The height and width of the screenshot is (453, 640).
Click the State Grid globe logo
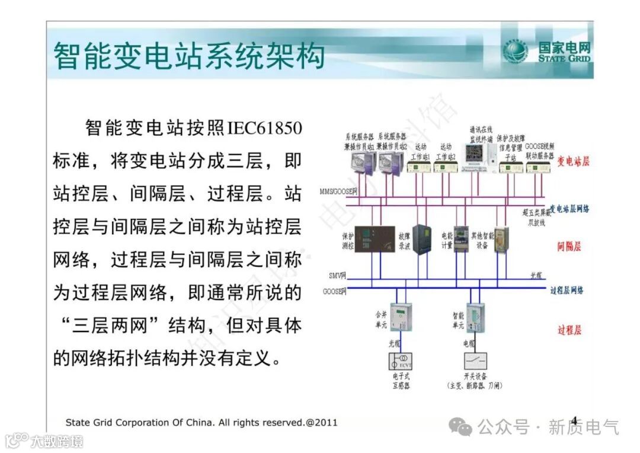click(515, 52)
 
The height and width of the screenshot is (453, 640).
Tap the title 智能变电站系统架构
click(189, 57)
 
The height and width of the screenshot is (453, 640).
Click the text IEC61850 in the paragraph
click(264, 128)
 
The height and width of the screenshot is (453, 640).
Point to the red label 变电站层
click(573, 161)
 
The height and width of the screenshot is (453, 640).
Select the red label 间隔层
click(569, 246)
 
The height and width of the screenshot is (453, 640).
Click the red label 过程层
click(569, 330)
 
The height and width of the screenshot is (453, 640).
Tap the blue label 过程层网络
click(567, 290)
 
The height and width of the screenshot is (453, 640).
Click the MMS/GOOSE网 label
click(338, 192)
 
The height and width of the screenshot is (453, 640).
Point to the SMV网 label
click(337, 276)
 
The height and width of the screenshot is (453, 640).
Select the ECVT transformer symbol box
click(401, 361)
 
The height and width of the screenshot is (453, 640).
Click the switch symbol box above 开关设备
click(475, 361)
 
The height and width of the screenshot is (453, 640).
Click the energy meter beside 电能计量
click(460, 239)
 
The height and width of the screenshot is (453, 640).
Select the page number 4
click(574, 420)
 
